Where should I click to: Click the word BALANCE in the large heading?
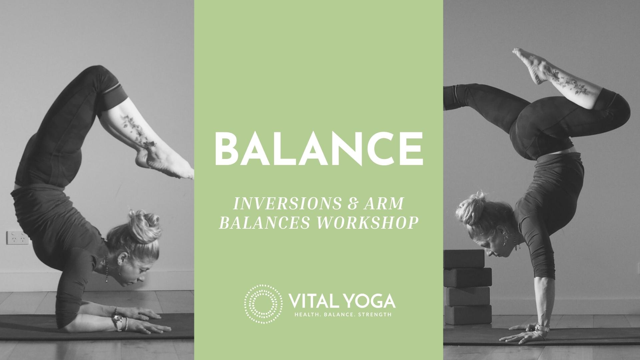(319, 148)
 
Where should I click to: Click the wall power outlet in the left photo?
(17, 238)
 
